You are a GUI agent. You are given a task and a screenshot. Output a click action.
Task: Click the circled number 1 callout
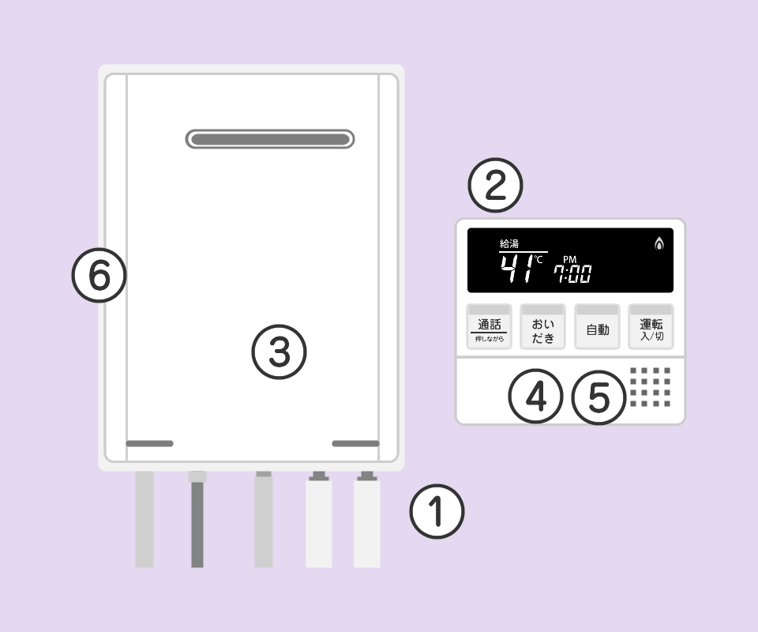437,512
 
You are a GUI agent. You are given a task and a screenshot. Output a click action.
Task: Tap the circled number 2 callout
496,185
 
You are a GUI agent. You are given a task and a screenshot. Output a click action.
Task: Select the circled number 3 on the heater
279,352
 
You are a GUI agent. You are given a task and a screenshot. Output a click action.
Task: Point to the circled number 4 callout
535,397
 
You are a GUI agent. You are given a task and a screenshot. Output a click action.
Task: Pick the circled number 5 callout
599,397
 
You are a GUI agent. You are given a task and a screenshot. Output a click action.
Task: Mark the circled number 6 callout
99,276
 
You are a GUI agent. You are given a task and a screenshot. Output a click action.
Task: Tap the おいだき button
542,326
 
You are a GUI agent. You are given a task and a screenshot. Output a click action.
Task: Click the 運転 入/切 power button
651,326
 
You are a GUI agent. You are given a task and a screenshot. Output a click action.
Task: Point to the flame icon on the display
659,243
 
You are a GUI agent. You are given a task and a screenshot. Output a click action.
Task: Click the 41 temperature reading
516,269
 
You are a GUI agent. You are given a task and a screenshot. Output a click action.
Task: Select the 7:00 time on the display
573,273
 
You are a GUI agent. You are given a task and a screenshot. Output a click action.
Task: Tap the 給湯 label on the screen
509,243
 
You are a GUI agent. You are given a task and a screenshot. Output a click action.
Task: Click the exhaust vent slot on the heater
270,139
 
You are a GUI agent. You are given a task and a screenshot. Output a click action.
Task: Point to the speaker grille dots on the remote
650,387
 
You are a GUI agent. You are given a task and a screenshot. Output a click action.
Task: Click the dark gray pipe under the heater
197,519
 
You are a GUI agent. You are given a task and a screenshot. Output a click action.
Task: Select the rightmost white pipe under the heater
367,519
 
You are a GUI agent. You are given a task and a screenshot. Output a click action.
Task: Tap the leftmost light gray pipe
144,519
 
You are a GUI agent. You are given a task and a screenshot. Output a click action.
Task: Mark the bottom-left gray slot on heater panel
149,443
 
